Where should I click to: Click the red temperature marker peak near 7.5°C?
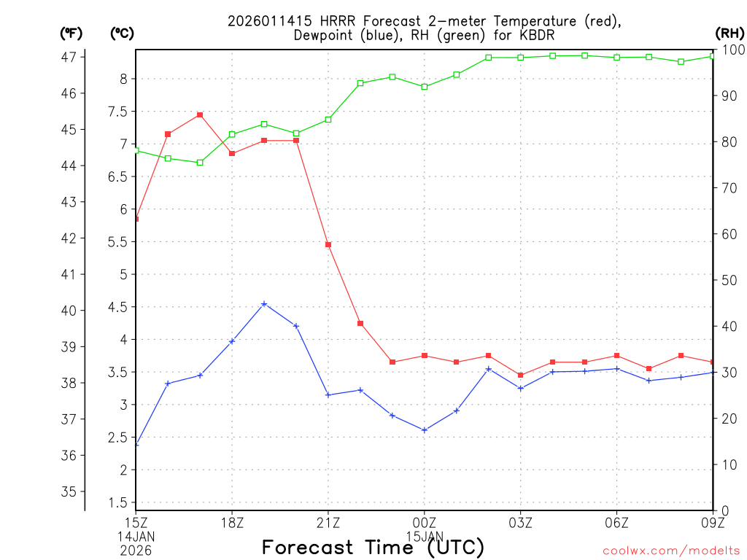(200, 114)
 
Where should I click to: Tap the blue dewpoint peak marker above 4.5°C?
(264, 304)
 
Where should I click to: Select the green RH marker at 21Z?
(328, 120)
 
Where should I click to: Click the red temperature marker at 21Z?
(328, 244)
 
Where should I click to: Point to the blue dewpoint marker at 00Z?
(425, 430)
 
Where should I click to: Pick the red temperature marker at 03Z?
(521, 375)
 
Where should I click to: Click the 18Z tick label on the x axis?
(232, 522)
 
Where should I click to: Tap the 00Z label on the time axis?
(425, 522)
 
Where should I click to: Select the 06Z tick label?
(617, 522)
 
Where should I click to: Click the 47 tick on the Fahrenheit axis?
(70, 57)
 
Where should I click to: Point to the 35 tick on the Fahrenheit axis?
(70, 491)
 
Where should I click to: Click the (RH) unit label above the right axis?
(729, 33)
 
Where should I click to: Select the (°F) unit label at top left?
(71, 33)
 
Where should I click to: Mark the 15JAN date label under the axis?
(425, 536)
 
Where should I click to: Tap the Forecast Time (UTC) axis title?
(373, 547)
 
